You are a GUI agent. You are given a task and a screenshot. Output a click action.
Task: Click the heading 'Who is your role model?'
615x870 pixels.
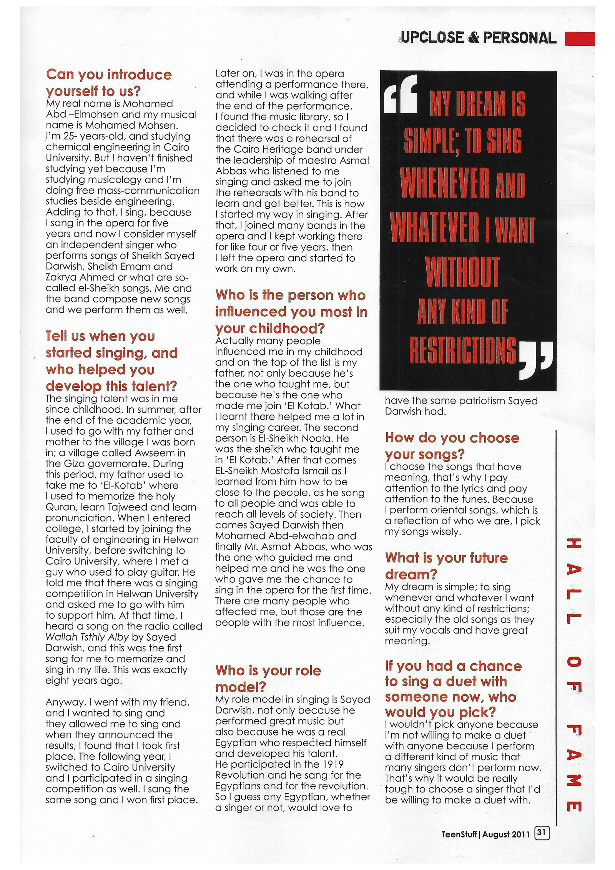(268, 678)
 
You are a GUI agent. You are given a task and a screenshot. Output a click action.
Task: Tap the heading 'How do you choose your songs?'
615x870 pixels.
(452, 446)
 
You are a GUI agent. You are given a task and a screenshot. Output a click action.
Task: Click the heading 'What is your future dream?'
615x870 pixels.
(446, 566)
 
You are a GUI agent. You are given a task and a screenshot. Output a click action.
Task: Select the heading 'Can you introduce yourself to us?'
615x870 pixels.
(108, 83)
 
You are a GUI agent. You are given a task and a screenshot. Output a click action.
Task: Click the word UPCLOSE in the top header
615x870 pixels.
(432, 38)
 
